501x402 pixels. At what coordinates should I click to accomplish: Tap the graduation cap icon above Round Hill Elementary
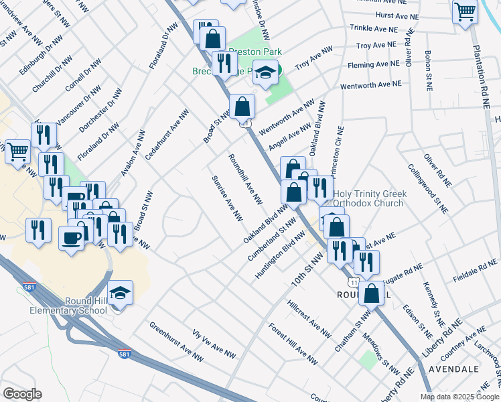pyautogui.click(x=120, y=293)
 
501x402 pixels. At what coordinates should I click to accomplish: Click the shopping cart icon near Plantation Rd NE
pyautogui.click(x=465, y=11)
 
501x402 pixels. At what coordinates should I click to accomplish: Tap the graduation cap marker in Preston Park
pyautogui.click(x=266, y=73)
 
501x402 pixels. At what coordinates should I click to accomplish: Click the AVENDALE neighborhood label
pyautogui.click(x=459, y=369)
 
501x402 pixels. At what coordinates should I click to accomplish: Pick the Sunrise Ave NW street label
pyautogui.click(x=227, y=198)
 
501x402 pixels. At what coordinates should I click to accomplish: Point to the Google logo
pyautogui.click(x=21, y=394)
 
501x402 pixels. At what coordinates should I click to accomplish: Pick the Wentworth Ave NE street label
pyautogui.click(x=370, y=85)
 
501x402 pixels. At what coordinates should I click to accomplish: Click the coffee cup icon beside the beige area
pyautogui.click(x=71, y=237)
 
